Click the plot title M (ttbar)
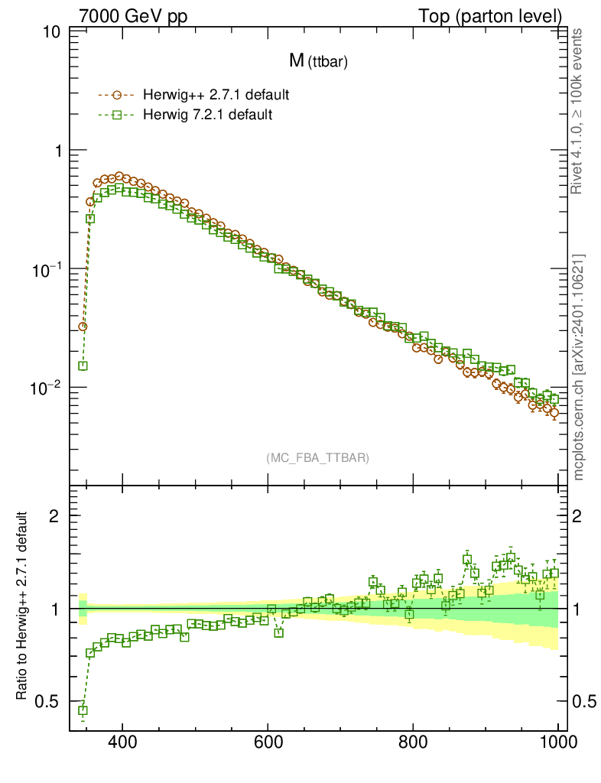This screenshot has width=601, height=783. click(318, 63)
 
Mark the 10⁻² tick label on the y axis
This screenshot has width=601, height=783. click(44, 388)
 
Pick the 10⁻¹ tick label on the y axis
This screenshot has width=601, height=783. click(44, 269)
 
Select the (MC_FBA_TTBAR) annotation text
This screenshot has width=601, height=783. click(318, 458)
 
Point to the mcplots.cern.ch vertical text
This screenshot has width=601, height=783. click(579, 367)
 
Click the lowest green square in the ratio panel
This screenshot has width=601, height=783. click(83, 710)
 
